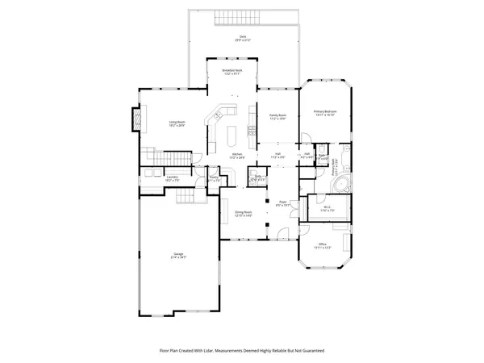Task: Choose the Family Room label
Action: click(277, 116)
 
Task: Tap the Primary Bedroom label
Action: click(325, 113)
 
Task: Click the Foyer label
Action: click(283, 203)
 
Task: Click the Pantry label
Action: click(214, 179)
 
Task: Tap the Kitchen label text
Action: click(237, 155)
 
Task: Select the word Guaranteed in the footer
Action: click(310, 352)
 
